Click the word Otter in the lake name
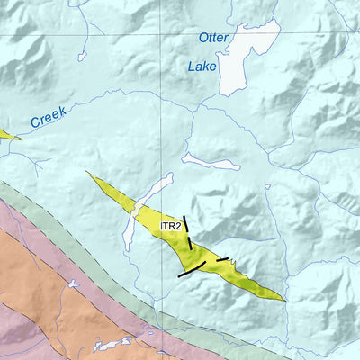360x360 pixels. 213,39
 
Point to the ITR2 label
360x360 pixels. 172,223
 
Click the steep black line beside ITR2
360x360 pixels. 187,232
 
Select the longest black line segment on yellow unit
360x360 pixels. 192,268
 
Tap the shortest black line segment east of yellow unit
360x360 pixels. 222,259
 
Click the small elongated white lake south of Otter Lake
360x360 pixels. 211,162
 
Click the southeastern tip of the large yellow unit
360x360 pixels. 283,299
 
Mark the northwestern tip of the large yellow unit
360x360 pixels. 89,174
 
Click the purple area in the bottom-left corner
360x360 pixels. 13,342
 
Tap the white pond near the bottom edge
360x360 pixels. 112,344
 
